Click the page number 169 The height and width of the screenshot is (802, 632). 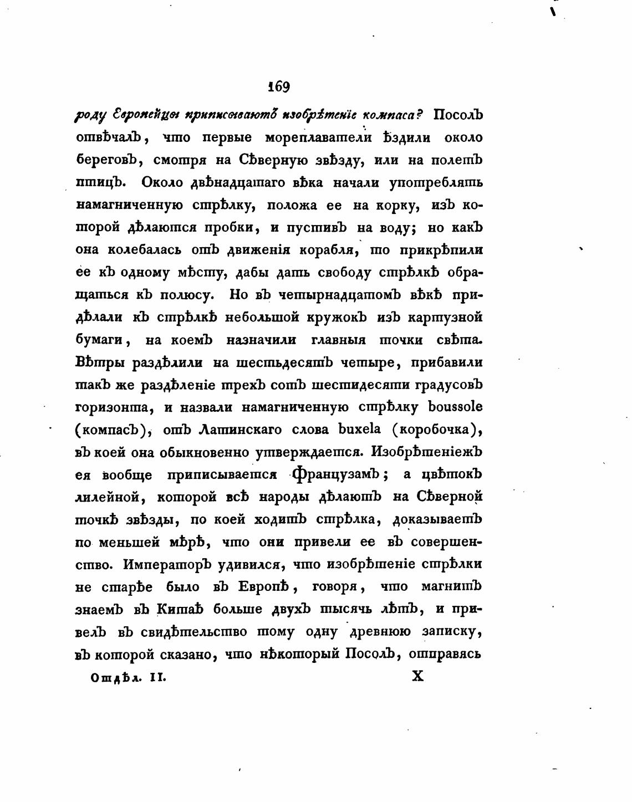[278, 86]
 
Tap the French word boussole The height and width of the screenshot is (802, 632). [455, 407]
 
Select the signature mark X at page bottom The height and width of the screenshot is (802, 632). [418, 677]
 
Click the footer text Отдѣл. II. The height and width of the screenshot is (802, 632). [128, 677]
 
